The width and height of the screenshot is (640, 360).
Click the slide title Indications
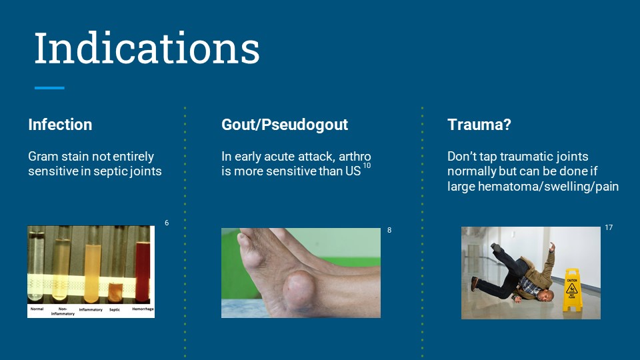(x=147, y=48)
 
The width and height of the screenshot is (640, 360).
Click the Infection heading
(x=60, y=125)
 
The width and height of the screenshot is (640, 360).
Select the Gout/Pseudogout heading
(x=285, y=125)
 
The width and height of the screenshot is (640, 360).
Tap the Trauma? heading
(x=479, y=125)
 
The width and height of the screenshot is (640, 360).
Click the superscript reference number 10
(x=367, y=165)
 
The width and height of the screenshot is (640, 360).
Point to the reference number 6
(x=167, y=223)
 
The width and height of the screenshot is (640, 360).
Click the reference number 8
(x=389, y=230)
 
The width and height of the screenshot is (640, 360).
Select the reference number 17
(x=609, y=227)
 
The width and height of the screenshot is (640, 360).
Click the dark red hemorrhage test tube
(x=143, y=271)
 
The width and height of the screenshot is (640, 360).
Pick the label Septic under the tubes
(x=115, y=310)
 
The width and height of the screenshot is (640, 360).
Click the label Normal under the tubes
(x=37, y=309)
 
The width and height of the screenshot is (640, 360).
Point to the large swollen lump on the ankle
(x=299, y=291)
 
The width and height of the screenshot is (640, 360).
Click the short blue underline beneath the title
(x=49, y=88)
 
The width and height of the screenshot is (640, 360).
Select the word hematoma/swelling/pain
(x=548, y=187)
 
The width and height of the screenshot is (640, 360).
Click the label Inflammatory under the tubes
(x=91, y=310)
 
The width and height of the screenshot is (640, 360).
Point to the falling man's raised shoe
(x=496, y=247)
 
